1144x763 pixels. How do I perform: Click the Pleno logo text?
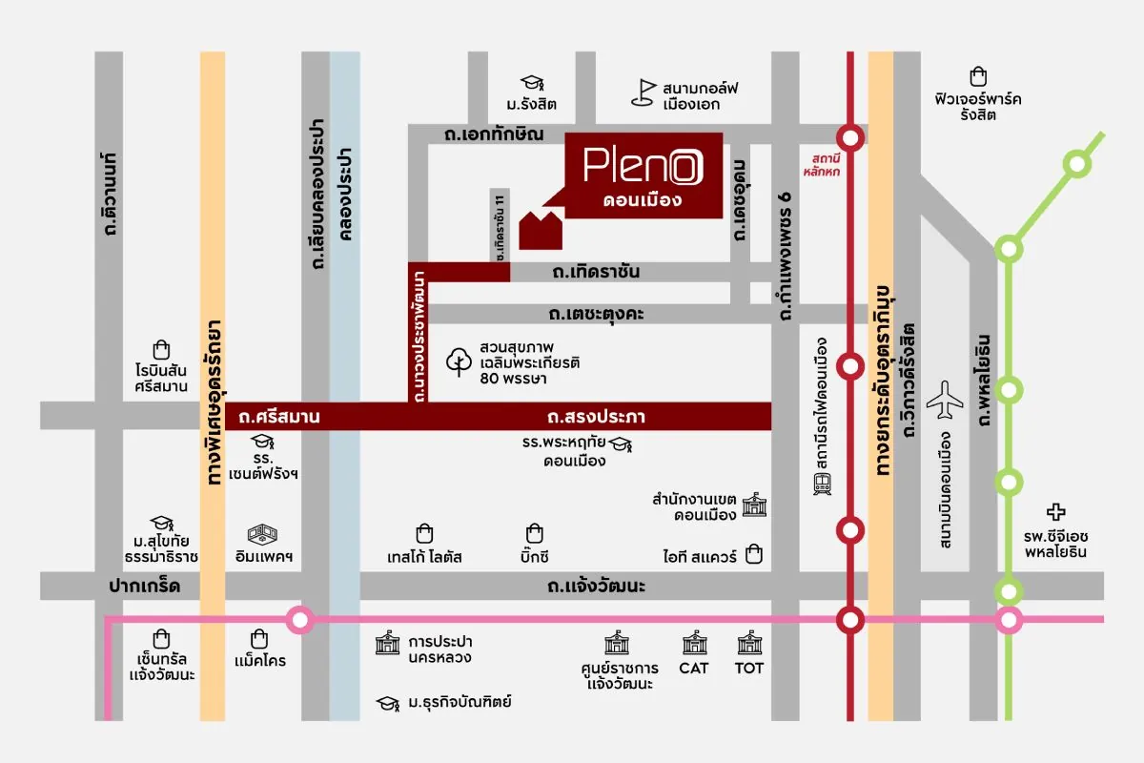click(x=644, y=167)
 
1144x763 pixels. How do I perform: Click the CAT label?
click(x=693, y=668)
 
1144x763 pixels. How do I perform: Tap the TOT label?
click(x=749, y=668)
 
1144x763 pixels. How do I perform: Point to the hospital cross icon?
click(x=1056, y=512)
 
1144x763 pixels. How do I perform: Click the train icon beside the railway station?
click(x=822, y=485)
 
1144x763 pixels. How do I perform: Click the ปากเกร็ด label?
click(x=145, y=585)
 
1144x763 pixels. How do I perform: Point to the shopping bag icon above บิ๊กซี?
click(x=536, y=533)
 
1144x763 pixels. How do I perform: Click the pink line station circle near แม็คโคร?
click(x=300, y=621)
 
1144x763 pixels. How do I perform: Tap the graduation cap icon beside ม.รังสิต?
click(x=531, y=84)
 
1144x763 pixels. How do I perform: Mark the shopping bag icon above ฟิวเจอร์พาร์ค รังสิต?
click(x=977, y=76)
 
